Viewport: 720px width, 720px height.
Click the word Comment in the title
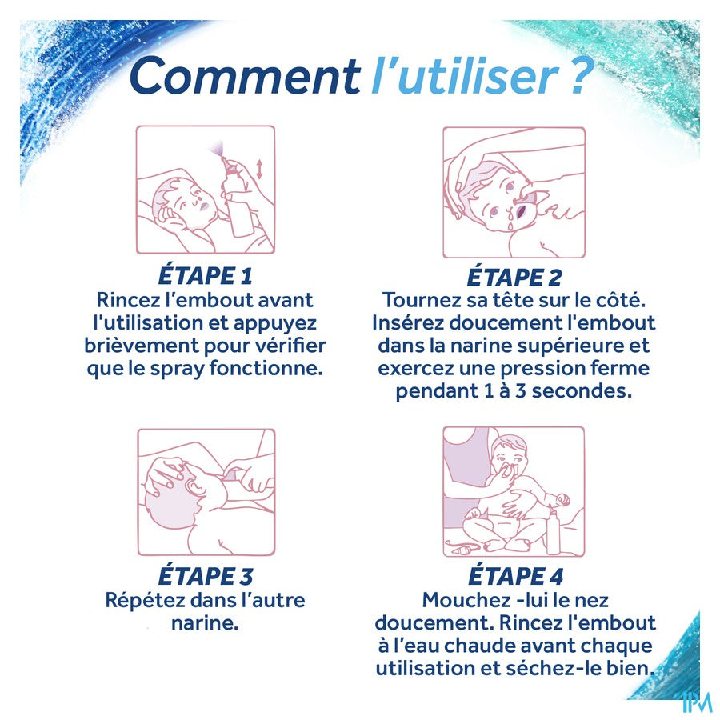(x=245, y=76)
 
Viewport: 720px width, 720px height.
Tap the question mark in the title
(x=576, y=76)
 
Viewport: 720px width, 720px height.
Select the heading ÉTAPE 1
(x=206, y=275)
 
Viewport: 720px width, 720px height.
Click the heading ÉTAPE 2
(x=514, y=277)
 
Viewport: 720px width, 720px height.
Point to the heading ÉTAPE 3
(x=206, y=576)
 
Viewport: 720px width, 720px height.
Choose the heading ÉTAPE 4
(x=516, y=576)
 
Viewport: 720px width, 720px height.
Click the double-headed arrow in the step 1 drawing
(x=259, y=169)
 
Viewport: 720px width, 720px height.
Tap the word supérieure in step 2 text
(x=570, y=346)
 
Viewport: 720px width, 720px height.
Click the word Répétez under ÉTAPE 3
(x=145, y=600)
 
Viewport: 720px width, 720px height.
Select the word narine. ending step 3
(x=205, y=623)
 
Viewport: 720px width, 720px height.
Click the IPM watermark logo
(x=697, y=702)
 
